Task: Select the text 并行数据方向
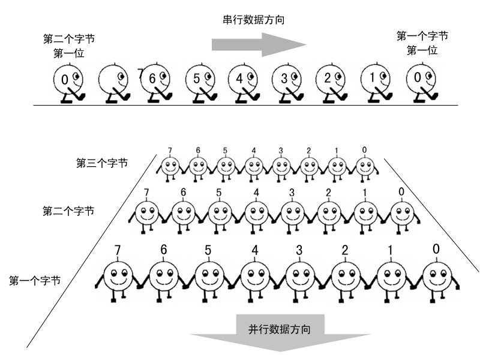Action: pyautogui.click(x=280, y=329)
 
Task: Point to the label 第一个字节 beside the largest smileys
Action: pyautogui.click(x=34, y=280)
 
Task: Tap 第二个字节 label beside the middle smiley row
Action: pyautogui.click(x=68, y=211)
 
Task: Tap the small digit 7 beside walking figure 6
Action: pyautogui.click(x=140, y=73)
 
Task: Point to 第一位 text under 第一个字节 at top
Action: pyautogui.click(x=422, y=51)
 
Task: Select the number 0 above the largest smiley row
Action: pyautogui.click(x=436, y=248)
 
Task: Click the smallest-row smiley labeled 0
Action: pyautogui.click(x=364, y=167)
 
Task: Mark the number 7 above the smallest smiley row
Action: pyautogui.click(x=170, y=150)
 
